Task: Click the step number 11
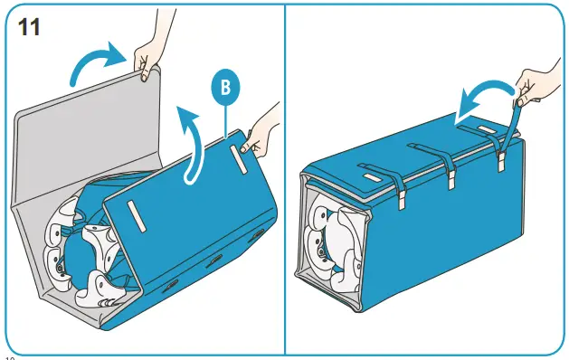tap(31, 27)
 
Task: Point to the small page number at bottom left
tap(8, 356)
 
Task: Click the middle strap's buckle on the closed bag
tap(450, 178)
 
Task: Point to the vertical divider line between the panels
tap(285, 181)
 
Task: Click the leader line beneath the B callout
tap(223, 118)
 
